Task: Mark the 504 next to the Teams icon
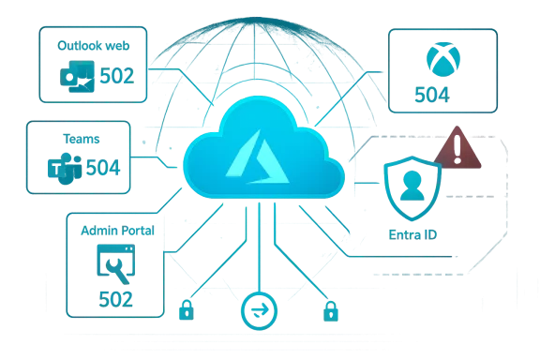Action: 98,170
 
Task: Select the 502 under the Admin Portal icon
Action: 114,298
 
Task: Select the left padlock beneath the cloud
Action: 187,309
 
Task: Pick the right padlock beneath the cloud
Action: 328,309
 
